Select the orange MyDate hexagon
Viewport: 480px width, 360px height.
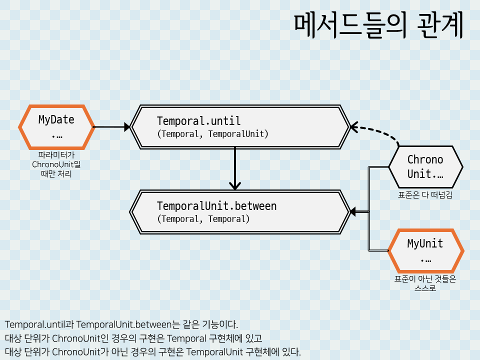[x=56, y=127]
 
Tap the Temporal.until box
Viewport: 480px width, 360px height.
[x=240, y=127]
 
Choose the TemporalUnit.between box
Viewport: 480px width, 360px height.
[x=240, y=212]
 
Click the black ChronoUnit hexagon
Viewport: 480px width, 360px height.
[x=425, y=166]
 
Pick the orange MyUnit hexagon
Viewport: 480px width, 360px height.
[x=425, y=250]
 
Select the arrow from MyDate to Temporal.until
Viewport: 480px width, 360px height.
[x=111, y=127]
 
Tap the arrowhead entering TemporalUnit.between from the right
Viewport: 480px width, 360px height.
[x=353, y=212]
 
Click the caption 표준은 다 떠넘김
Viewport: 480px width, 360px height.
[x=425, y=195]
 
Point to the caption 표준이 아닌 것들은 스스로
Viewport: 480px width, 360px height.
[x=425, y=283]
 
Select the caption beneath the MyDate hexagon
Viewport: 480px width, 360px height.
[x=56, y=164]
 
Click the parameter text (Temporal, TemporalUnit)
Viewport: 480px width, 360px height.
[x=212, y=134]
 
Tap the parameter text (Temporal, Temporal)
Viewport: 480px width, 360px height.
[x=203, y=219]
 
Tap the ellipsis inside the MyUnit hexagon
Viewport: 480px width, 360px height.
[x=425, y=259]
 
